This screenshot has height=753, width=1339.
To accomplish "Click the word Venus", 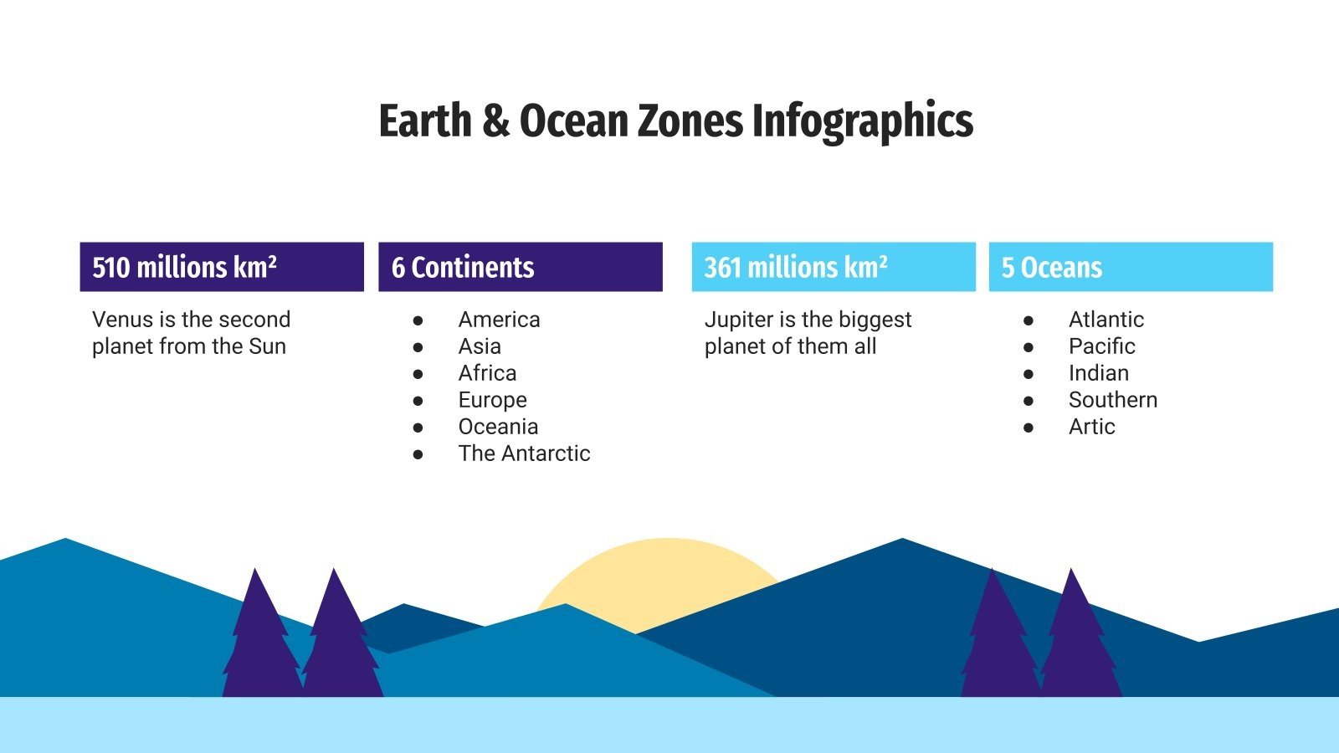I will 122,320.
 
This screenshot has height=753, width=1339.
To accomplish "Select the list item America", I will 499,320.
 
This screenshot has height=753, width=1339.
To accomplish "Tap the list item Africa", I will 487,373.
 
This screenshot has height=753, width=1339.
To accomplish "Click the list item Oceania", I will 498,427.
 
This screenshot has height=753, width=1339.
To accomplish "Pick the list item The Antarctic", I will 524,453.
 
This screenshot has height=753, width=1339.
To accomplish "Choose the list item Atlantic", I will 1106,320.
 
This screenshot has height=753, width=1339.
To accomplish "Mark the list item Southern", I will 1112,400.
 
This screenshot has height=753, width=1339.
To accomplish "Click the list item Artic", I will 1091,427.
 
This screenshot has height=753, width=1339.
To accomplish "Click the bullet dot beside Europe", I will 418,401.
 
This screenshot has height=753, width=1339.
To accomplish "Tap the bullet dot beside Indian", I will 1029,374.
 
